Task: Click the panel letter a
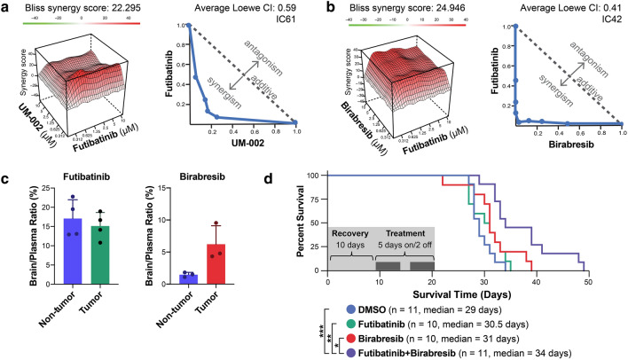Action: pyautogui.click(x=7, y=8)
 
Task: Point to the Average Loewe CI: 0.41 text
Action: pyautogui.click(x=563, y=7)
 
